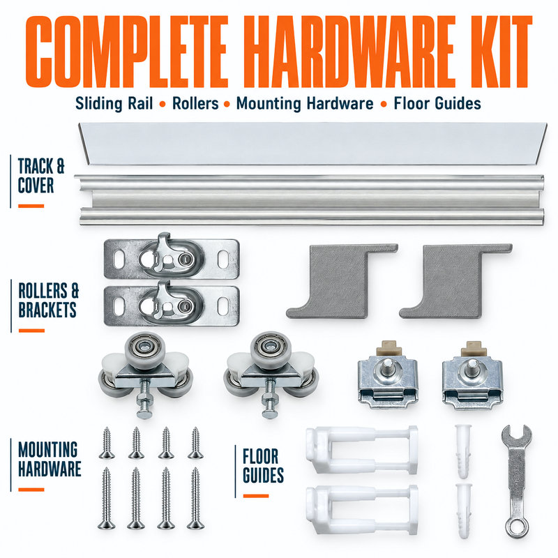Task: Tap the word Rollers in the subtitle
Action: pyautogui.click(x=195, y=103)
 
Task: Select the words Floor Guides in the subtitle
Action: pyautogui.click(x=437, y=103)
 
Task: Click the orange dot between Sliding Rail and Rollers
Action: pyautogui.click(x=163, y=104)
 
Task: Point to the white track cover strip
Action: pyautogui.click(x=312, y=144)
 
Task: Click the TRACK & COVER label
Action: pyautogui.click(x=41, y=176)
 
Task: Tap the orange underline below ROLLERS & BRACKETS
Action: pyautogui.click(x=31, y=331)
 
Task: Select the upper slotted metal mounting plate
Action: pyautogui.click(x=171, y=256)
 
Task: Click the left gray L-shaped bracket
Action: pyautogui.click(x=342, y=281)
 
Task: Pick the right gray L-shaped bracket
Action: pyautogui.click(x=455, y=281)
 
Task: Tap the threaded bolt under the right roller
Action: pyautogui.click(x=269, y=398)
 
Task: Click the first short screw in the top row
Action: pyautogui.click(x=107, y=443)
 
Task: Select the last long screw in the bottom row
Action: pyautogui.click(x=195, y=498)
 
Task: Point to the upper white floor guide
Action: pyautogui.click(x=362, y=450)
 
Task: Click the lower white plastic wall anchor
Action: pyautogui.click(x=464, y=511)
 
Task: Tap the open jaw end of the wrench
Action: pyautogui.click(x=517, y=437)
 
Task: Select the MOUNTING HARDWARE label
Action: pyautogui.click(x=50, y=459)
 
